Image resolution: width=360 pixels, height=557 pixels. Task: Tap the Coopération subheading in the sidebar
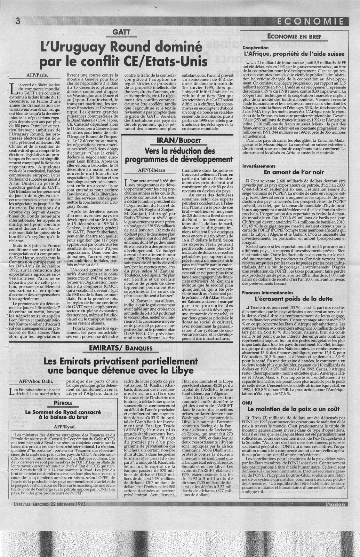pyautogui.click(x=256, y=47)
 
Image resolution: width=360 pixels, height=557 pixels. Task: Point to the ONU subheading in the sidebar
pyautogui.click(x=246, y=402)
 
